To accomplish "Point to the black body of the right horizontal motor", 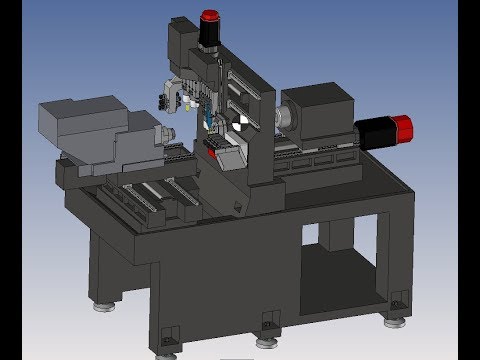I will click(374, 129).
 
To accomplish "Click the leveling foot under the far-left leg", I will click(102, 305).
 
